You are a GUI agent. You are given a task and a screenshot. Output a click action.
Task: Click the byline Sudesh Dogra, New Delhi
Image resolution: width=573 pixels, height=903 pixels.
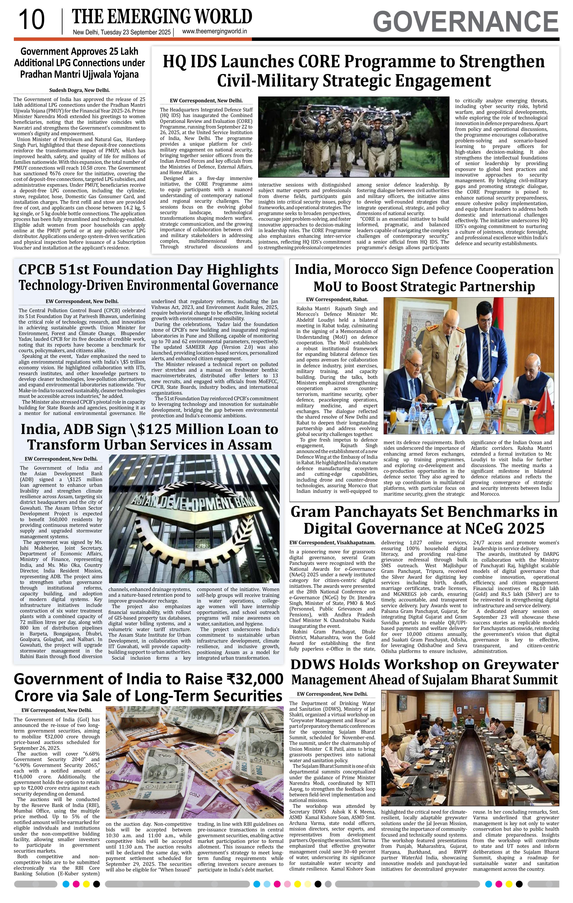(79, 90)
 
